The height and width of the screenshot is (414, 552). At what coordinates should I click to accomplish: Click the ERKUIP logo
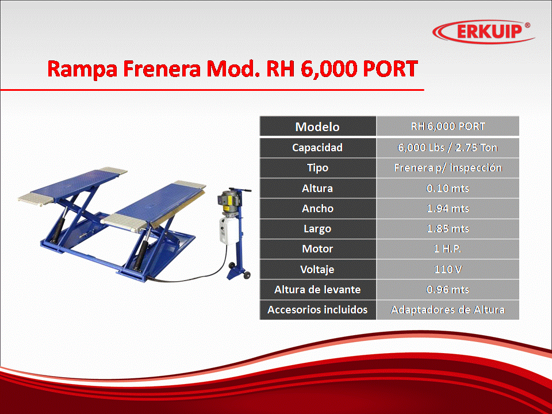pyautogui.click(x=484, y=32)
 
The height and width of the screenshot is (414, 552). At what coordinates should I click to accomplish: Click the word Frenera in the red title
pyautogui.click(x=162, y=68)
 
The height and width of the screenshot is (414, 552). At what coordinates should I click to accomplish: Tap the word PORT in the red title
pyautogui.click(x=390, y=68)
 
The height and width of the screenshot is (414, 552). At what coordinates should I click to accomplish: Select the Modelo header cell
pyautogui.click(x=317, y=126)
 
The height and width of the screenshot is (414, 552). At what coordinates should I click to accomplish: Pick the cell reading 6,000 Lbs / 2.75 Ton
pyautogui.click(x=447, y=148)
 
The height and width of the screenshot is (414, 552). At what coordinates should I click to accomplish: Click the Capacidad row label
pyautogui.click(x=317, y=148)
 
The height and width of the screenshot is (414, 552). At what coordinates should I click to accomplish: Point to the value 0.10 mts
pyautogui.click(x=447, y=189)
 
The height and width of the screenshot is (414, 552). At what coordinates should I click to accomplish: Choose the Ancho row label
pyautogui.click(x=317, y=208)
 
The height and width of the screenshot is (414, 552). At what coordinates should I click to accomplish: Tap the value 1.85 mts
pyautogui.click(x=447, y=229)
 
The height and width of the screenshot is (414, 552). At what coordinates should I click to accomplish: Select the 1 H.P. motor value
pyautogui.click(x=447, y=249)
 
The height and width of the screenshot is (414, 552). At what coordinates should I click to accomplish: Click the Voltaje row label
pyautogui.click(x=317, y=269)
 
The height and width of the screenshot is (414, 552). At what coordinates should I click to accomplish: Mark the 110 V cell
pyautogui.click(x=447, y=269)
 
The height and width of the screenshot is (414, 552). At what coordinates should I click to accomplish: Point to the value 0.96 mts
pyautogui.click(x=447, y=289)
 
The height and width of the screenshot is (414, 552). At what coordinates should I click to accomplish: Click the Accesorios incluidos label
pyautogui.click(x=317, y=310)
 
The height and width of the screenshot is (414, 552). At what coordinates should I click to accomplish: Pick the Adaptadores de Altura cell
pyautogui.click(x=447, y=310)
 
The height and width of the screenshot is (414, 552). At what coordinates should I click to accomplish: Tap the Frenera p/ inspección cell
pyautogui.click(x=447, y=168)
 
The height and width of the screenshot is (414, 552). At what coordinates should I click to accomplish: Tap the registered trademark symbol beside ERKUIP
pyautogui.click(x=527, y=25)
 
